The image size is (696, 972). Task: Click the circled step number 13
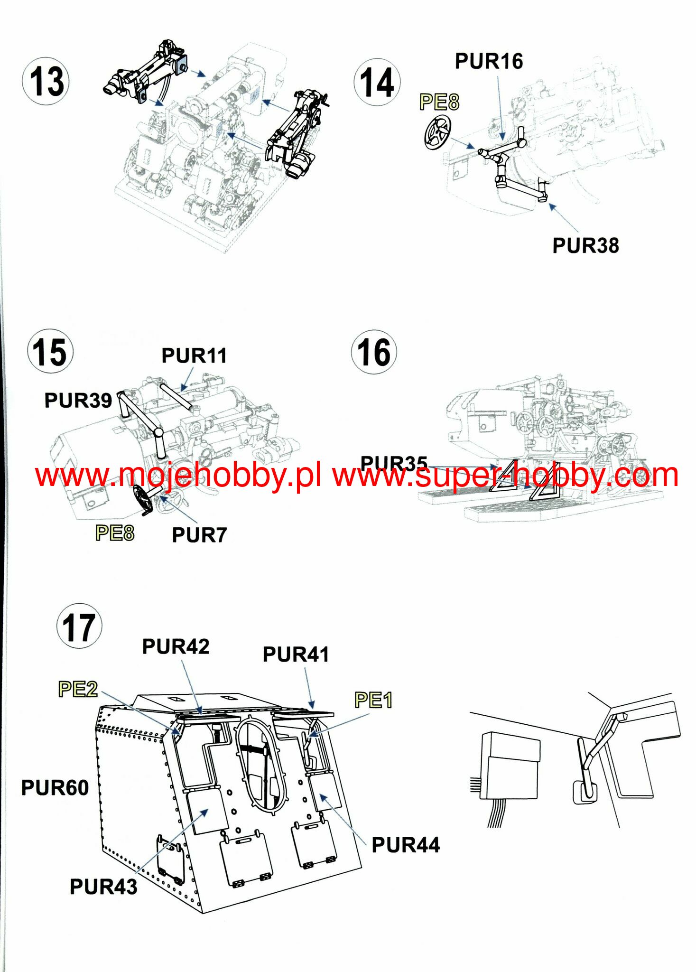tap(46, 81)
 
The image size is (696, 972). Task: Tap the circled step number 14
tap(377, 82)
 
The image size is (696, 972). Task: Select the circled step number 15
tap(50, 352)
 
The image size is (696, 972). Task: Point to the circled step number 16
tap(374, 352)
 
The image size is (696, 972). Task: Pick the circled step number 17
tap(79, 626)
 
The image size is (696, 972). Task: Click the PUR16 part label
tap(489, 61)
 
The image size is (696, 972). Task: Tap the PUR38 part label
tap(585, 246)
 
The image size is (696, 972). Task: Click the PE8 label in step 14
tap(439, 102)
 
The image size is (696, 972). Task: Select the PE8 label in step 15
tap(115, 533)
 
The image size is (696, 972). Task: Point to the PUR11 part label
tap(194, 355)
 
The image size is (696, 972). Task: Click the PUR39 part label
tap(78, 400)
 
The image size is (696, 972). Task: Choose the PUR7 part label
tap(199, 535)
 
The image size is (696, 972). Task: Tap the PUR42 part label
tap(176, 646)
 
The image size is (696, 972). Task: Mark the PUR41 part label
tap(296, 654)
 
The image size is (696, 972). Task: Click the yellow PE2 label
tap(78, 689)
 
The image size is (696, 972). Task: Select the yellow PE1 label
tap(373, 700)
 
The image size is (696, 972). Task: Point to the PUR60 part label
tap(55, 788)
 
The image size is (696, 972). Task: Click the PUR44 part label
tap(406, 845)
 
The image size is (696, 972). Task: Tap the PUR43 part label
tap(103, 887)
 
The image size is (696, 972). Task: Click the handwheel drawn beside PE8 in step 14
tap(437, 133)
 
